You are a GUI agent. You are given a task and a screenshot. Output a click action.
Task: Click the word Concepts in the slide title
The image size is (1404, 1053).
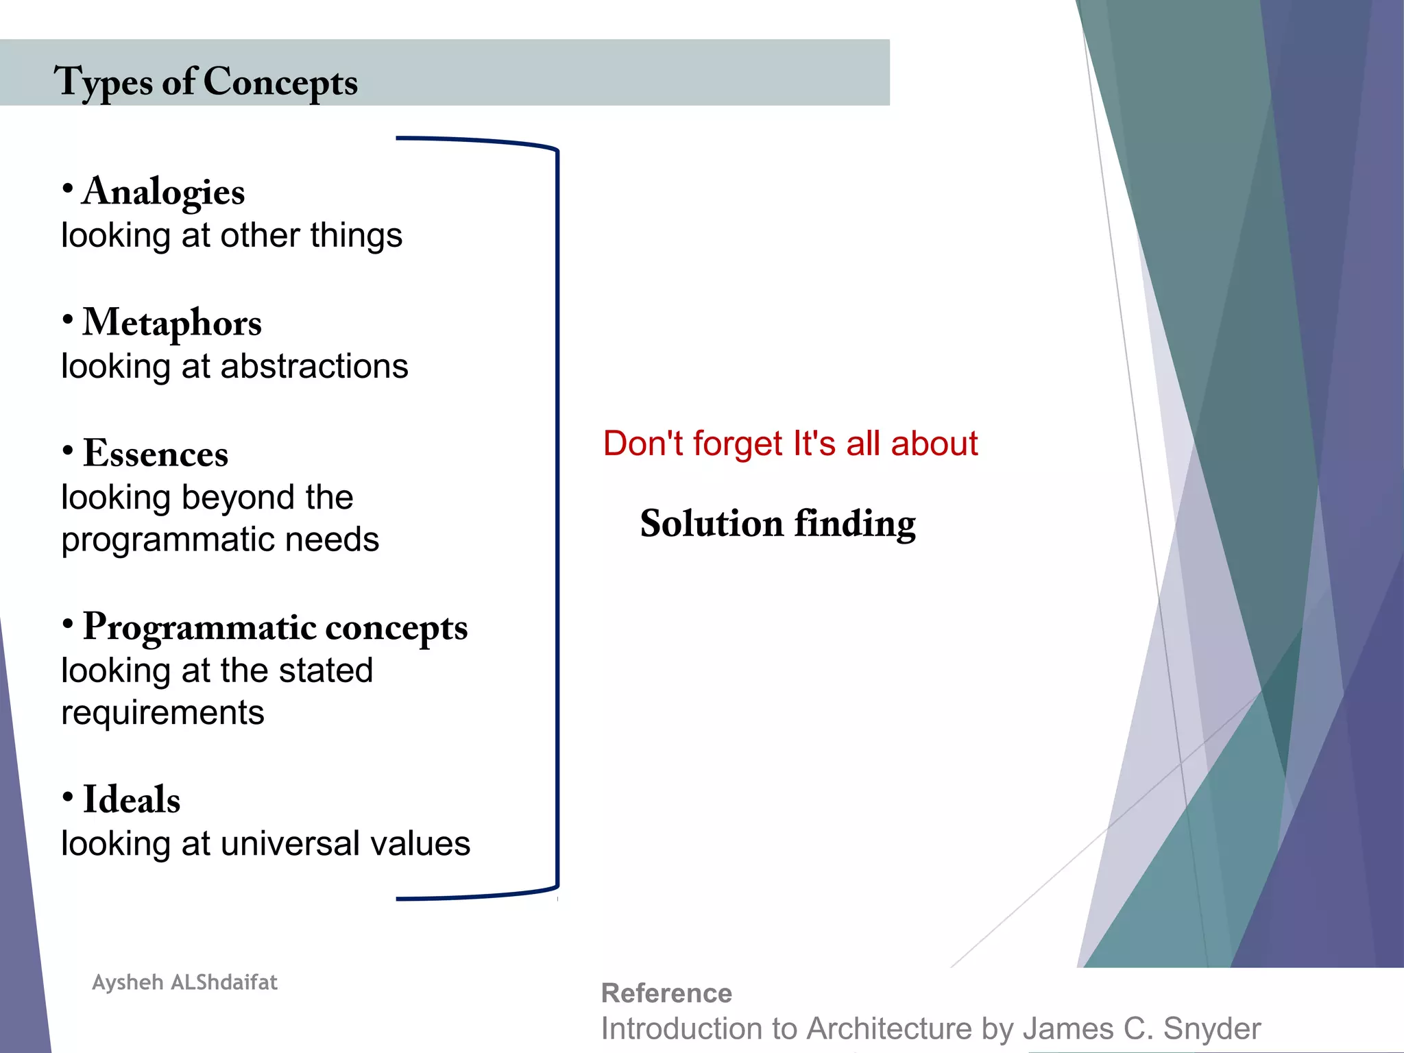[280, 83]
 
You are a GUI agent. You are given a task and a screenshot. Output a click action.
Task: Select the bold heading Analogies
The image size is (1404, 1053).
[163, 191]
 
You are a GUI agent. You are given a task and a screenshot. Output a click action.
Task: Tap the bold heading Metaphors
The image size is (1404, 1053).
[172, 322]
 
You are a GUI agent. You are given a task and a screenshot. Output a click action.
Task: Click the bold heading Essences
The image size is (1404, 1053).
[156, 454]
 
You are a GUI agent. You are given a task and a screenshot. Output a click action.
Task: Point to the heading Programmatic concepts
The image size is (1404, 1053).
[275, 627]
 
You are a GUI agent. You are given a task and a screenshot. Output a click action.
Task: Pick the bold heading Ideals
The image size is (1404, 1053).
[132, 800]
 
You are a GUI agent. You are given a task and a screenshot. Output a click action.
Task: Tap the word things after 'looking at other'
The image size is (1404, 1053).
[356, 236]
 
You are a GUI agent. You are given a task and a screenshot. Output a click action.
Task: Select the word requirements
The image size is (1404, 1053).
[162, 713]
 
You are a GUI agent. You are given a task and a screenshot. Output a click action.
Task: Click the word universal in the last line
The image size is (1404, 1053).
[281, 844]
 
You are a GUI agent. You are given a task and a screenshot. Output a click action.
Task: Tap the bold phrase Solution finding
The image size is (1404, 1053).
[777, 524]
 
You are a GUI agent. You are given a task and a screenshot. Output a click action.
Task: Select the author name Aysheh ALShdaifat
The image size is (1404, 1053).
[184, 982]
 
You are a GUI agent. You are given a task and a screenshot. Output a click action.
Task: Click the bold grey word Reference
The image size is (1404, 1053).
[666, 993]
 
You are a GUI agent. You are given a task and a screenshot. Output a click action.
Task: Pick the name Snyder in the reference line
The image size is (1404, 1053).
[1212, 1029]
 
